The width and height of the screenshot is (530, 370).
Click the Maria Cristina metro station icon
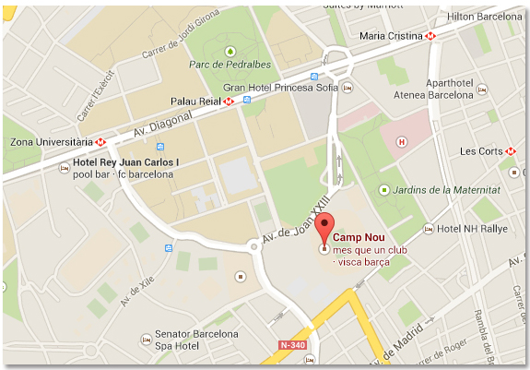430,36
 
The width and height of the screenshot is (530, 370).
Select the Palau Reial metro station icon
227,101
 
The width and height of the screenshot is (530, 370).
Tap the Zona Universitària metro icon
100,142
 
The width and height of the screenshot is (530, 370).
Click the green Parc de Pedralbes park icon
232,49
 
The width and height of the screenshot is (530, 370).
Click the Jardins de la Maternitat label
443,190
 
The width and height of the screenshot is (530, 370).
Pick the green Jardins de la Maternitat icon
384,190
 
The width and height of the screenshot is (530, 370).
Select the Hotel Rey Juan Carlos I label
126,162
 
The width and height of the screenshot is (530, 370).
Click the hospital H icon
401,142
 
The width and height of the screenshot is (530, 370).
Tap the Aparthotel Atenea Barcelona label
451,87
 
